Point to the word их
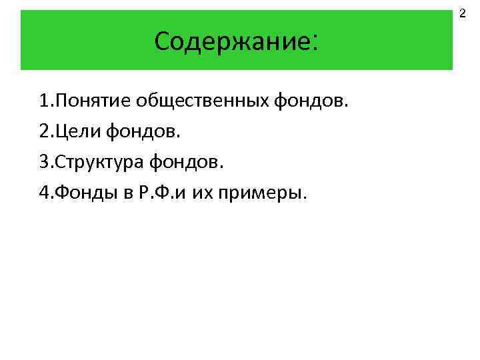201,193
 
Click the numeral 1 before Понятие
43,101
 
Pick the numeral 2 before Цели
43,132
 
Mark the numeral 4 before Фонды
43,193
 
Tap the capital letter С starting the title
162,41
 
